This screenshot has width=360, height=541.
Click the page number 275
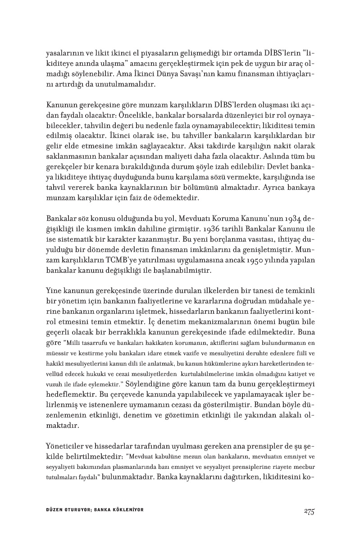click(x=309, y=510)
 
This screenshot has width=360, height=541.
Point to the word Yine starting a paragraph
click(x=54, y=290)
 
